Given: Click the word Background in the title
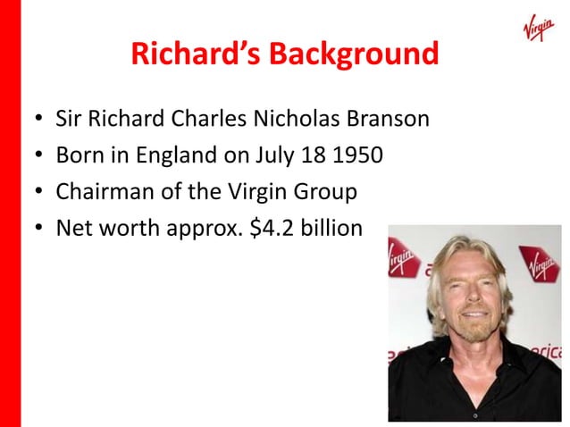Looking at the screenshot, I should pyautogui.click(x=360, y=55).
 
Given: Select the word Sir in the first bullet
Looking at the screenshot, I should pyautogui.click(x=69, y=118).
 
